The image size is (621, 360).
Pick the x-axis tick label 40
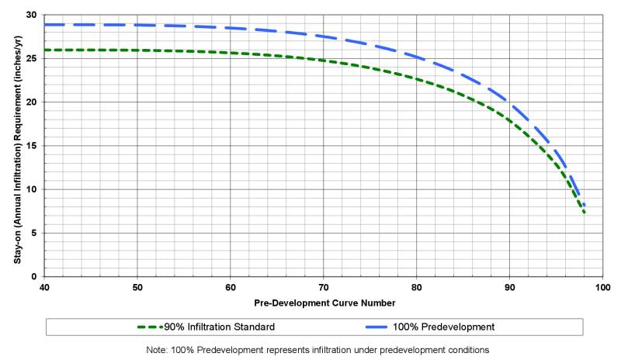tap(44, 287)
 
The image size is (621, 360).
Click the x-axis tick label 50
tap(137, 287)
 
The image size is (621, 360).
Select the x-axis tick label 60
tap(231, 287)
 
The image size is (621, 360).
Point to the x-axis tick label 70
tap(324, 287)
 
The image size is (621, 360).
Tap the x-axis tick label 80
tap(417, 287)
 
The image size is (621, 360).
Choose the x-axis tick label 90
tap(510, 287)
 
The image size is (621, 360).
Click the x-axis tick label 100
tap(602, 287)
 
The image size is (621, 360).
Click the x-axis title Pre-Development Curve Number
tap(323, 302)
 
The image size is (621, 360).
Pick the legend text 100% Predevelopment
tap(445, 327)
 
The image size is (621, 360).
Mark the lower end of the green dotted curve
tap(584, 213)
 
